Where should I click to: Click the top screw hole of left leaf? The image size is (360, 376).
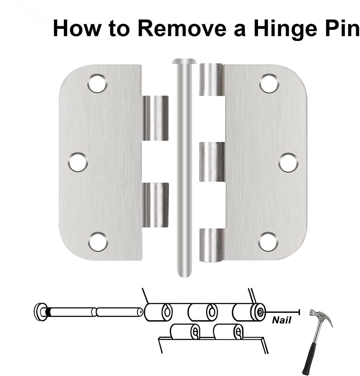click(97, 83)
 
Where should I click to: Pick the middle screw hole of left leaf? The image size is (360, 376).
click(78, 162)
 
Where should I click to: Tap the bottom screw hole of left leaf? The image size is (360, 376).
click(98, 241)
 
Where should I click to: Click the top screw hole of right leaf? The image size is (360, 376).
click(269, 83)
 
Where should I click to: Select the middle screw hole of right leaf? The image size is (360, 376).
click(288, 162)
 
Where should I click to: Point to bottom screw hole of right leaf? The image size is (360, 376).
click(268, 242)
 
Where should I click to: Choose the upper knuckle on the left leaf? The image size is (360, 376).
click(155, 118)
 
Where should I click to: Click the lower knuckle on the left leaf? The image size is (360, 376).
click(155, 205)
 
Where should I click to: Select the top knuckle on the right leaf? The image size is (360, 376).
click(211, 80)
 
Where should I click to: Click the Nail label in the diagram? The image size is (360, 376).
click(282, 320)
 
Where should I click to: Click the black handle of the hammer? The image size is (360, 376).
click(310, 353)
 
